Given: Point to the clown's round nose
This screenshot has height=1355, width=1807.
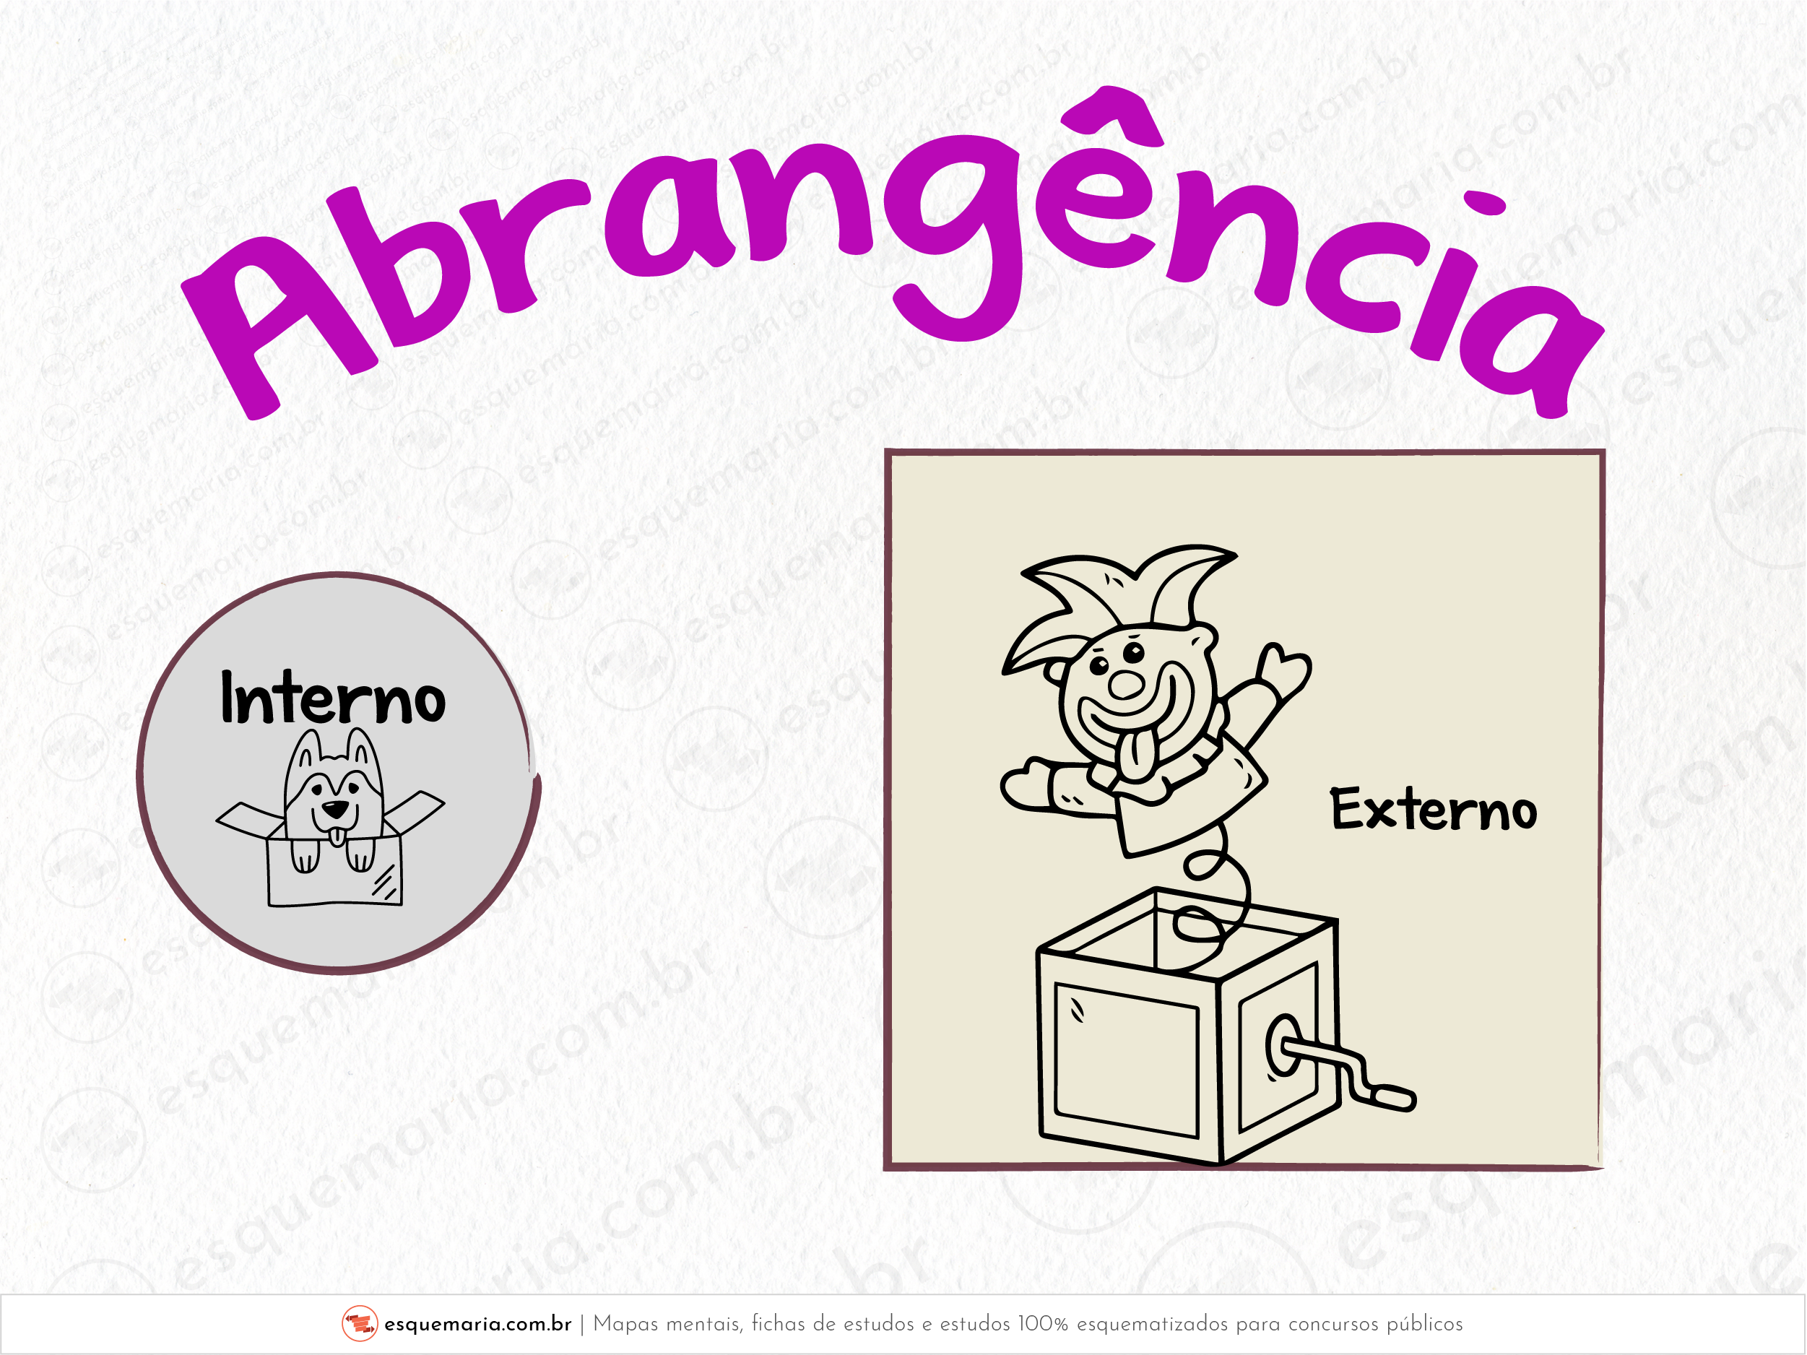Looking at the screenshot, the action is (x=1126, y=685).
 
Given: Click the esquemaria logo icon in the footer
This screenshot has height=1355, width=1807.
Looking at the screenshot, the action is (x=360, y=1323).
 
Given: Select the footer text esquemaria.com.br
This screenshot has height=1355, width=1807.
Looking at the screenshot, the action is (x=478, y=1324).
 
